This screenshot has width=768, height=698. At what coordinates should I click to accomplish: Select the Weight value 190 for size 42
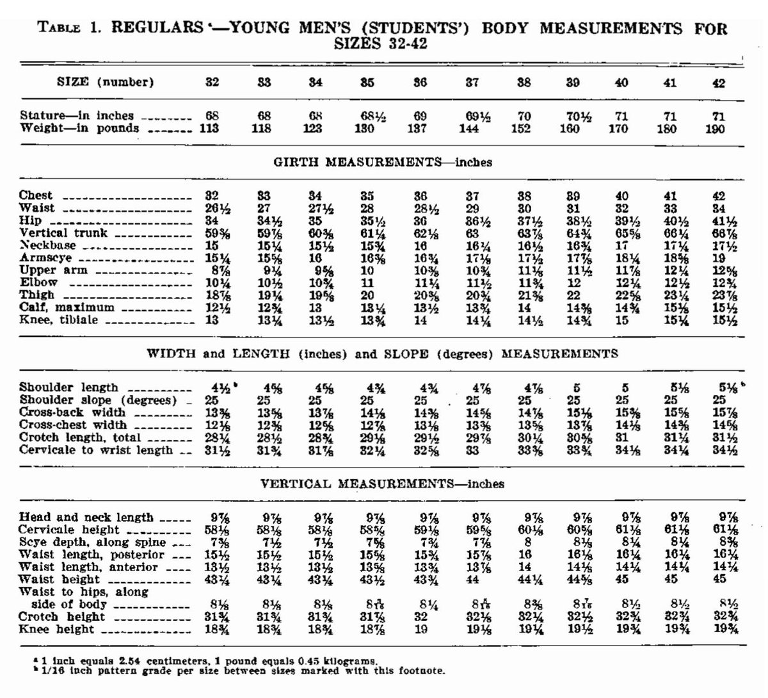pos(716,129)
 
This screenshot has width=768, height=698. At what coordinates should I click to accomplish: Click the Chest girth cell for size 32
pos(211,196)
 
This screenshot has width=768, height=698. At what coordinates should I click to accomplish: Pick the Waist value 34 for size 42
pos(718,208)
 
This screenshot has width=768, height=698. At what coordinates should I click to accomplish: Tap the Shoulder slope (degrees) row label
pos(97,400)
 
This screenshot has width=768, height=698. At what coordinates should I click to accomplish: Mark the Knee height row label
pos(56,629)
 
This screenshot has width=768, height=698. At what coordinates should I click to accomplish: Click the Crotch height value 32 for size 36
pos(420,617)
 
